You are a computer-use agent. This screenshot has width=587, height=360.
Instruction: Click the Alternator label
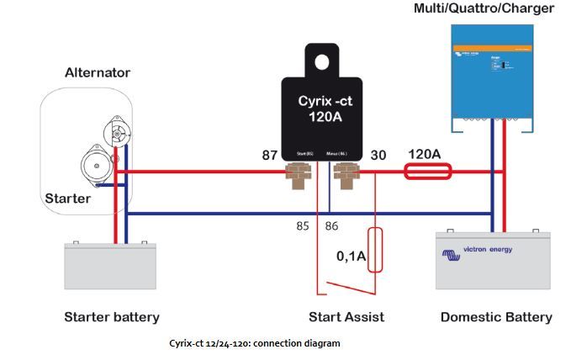[x=97, y=73]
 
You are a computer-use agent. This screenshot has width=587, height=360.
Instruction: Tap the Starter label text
[x=67, y=199]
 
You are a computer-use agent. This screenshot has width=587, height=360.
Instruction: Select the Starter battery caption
[x=112, y=317]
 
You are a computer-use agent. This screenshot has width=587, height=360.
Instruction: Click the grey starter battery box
[x=111, y=267]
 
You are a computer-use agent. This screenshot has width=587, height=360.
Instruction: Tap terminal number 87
[x=270, y=156]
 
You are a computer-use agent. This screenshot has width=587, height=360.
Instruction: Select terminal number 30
[x=379, y=156]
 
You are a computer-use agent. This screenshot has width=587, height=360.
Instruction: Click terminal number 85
[x=303, y=226]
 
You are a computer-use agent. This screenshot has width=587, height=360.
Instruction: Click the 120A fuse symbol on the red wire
[x=427, y=172]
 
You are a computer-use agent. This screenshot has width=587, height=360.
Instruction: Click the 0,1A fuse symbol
[x=375, y=250]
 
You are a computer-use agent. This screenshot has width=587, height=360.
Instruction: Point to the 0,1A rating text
[x=352, y=257]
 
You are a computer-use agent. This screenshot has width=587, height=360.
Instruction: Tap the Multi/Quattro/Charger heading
[x=484, y=9]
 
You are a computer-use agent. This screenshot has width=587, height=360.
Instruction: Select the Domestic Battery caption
[x=496, y=317]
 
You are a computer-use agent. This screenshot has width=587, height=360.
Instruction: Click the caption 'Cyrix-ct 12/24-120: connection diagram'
[x=255, y=343]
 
